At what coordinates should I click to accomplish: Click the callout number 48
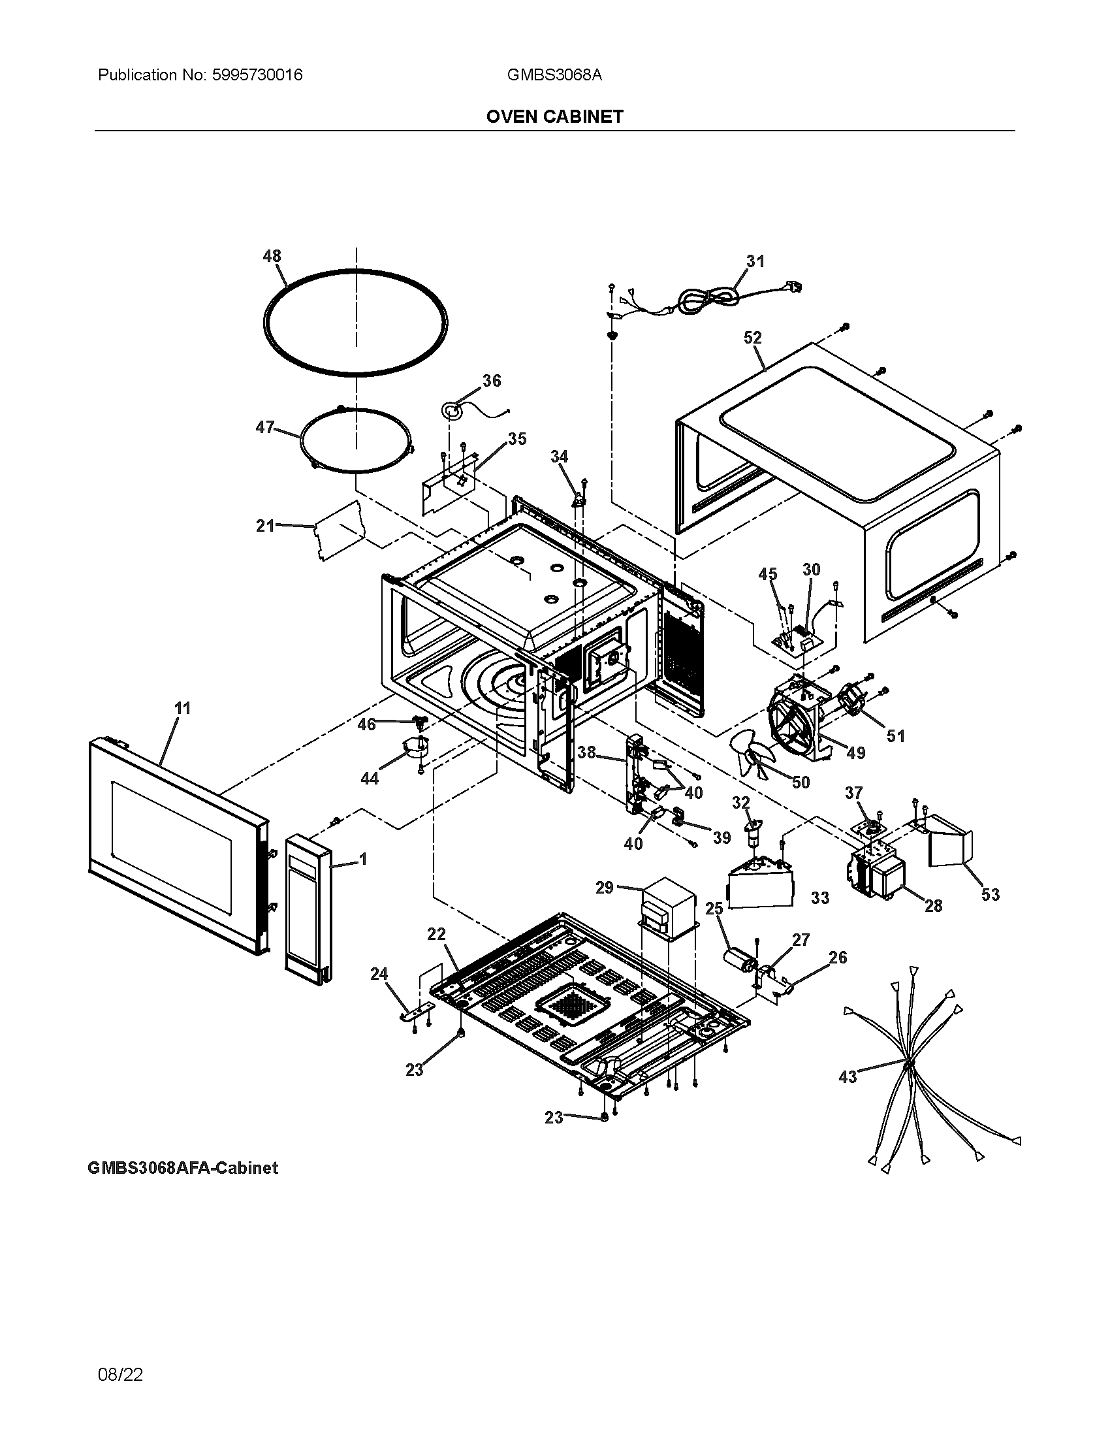tap(272, 256)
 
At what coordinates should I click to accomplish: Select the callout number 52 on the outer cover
tap(752, 338)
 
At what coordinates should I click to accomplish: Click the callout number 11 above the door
tap(182, 708)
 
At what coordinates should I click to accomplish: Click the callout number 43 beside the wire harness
tap(848, 1076)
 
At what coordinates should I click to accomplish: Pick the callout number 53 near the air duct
tap(990, 894)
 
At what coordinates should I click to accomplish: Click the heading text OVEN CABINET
tap(554, 116)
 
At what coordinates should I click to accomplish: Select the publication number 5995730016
tap(257, 75)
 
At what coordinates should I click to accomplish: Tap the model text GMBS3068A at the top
tap(554, 75)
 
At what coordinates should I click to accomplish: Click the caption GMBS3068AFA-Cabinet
tap(183, 1168)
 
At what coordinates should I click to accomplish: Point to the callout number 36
tap(491, 380)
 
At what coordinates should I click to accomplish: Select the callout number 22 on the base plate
tap(436, 933)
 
